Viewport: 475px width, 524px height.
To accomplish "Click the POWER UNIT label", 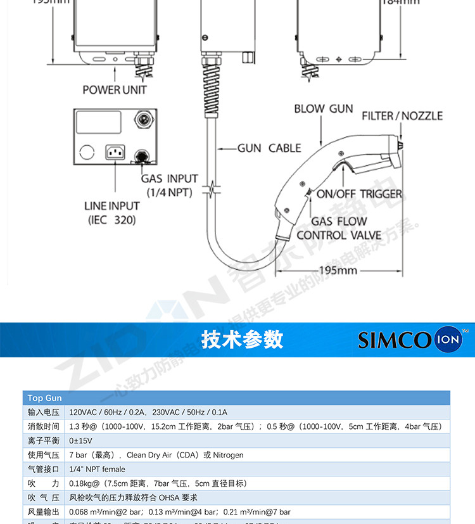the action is (115, 89).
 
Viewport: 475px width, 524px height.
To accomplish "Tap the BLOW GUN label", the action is (323, 108).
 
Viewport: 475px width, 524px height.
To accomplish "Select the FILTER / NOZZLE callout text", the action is (402, 115).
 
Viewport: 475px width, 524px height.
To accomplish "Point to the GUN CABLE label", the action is (269, 148).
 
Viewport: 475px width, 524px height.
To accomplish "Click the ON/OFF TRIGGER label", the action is (359, 194).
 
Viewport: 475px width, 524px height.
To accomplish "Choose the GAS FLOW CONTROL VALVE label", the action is (339, 228).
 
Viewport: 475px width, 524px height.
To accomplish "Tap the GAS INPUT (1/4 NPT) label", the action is (169, 185).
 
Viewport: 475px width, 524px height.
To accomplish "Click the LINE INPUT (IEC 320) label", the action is (111, 213).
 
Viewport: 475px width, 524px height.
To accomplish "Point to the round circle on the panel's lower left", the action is (87, 152).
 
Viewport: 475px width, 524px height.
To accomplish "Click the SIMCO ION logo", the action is (411, 340).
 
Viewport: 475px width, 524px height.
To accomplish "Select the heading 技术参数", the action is (242, 340).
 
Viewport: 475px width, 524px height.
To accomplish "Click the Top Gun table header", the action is (44, 398).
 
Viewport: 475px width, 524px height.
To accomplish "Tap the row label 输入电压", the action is (44, 412).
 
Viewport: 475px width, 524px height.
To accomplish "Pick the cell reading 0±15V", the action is (80, 440).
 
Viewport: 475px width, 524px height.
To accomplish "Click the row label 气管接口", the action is (44, 469).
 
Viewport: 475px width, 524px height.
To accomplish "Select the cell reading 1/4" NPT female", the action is (97, 469).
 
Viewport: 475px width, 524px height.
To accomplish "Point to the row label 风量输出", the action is (44, 511).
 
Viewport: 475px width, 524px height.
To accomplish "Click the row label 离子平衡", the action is (44, 440).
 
